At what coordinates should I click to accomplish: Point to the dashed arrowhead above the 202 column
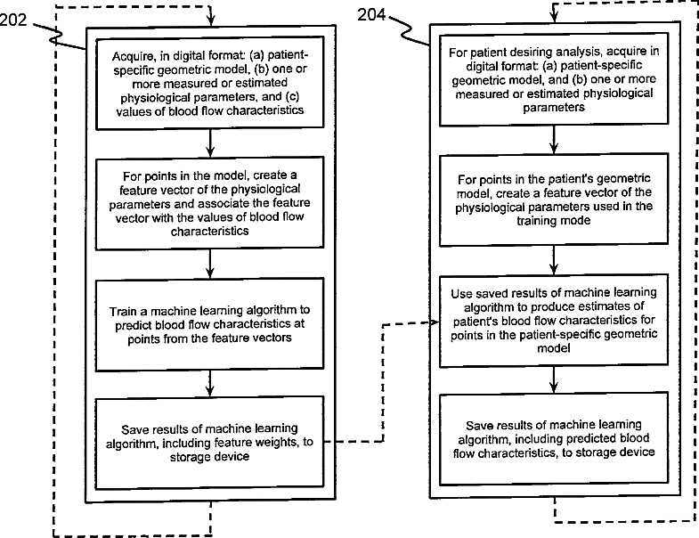pyautogui.click(x=209, y=20)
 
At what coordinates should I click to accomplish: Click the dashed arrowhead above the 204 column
pyautogui.click(x=553, y=20)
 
